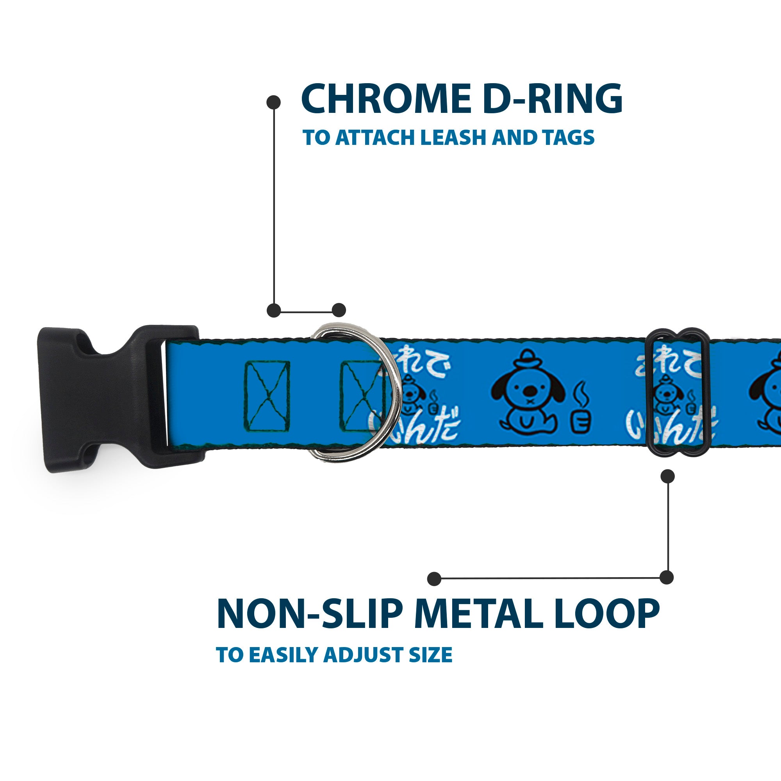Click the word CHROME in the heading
pos(386,99)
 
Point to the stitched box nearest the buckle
pos(267,396)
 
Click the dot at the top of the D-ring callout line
pos(274,102)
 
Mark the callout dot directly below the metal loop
pos(667,476)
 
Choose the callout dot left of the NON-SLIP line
pos(434,578)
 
